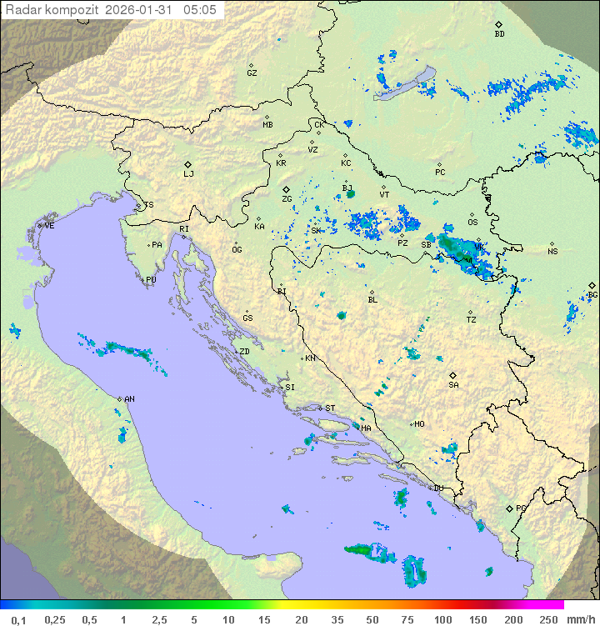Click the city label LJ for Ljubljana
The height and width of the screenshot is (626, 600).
click(188, 174)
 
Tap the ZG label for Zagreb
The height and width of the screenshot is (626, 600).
click(287, 199)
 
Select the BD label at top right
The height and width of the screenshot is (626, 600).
click(499, 34)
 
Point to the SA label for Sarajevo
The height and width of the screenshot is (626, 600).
click(453, 384)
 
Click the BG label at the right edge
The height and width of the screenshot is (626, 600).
click(592, 294)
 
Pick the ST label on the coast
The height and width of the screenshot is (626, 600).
click(330, 408)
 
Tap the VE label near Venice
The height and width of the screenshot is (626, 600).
click(49, 226)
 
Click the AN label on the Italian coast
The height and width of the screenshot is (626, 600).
click(129, 399)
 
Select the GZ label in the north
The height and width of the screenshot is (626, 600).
click(252, 73)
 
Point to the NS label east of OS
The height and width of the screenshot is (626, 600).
click(552, 251)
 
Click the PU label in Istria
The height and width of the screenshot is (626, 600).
click(151, 280)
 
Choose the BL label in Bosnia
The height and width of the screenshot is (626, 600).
click(372, 299)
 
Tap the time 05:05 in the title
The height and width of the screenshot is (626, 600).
click(201, 10)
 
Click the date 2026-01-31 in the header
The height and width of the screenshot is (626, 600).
click(142, 10)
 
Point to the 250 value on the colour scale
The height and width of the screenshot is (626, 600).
click(547, 619)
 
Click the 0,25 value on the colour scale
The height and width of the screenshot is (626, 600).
click(55, 619)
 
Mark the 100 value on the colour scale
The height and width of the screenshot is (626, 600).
click(442, 619)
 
